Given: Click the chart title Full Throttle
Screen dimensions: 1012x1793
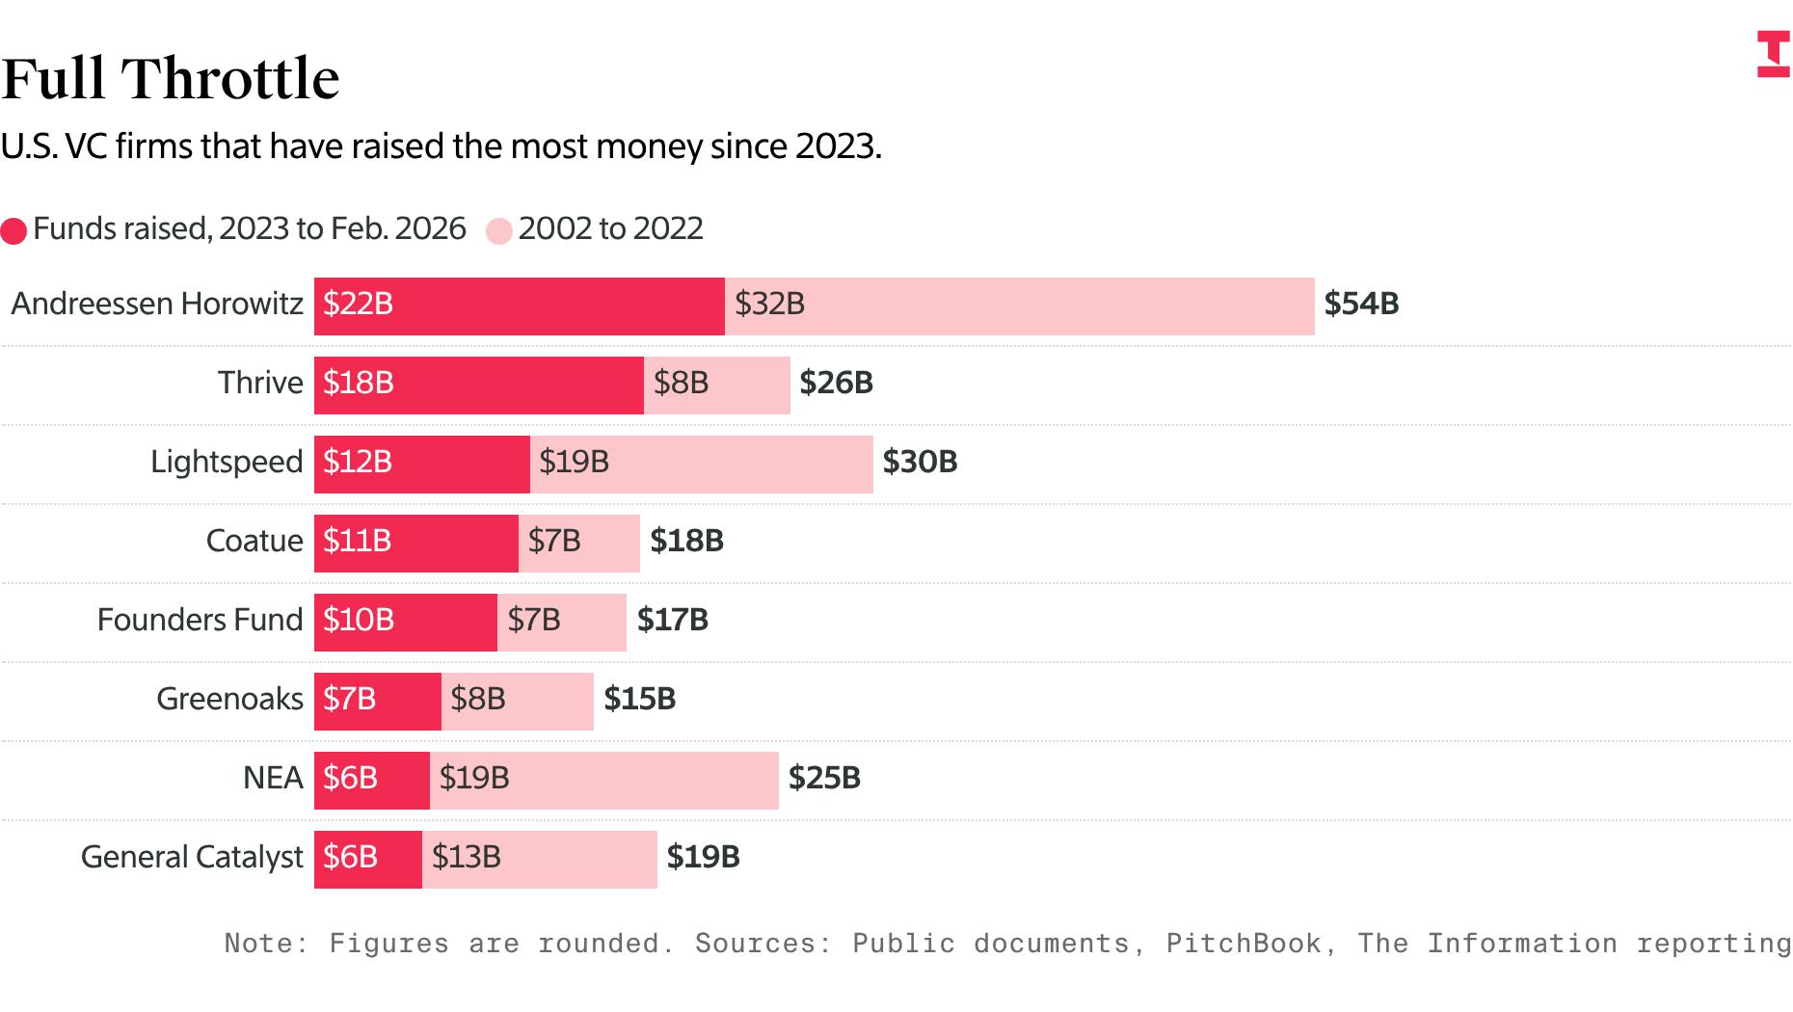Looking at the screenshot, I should [171, 78].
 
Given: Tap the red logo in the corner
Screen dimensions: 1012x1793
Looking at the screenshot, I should [1773, 54].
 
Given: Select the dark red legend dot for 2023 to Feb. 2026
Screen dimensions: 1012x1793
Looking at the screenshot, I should [13, 231].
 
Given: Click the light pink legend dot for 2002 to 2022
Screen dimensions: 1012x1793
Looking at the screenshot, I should [499, 231].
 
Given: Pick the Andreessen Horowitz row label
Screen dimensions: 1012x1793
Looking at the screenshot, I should [157, 305].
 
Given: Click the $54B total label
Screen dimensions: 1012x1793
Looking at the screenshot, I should [1361, 305].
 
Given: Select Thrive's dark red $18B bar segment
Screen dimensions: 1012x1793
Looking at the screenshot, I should [478, 385].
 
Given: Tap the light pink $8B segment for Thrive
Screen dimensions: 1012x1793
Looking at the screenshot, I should [717, 385].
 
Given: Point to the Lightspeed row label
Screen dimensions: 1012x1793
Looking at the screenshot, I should [227, 463].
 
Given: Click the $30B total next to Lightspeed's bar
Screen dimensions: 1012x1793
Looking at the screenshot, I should [920, 463].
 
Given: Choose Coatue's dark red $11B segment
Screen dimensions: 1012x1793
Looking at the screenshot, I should [415, 543].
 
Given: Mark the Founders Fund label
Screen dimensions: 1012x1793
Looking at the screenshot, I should [200, 621].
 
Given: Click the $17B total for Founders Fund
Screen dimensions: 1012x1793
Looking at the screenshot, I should [673, 621].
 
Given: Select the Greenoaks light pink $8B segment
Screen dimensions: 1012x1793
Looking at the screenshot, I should [518, 701].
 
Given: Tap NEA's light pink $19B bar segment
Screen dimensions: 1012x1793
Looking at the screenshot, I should [604, 780].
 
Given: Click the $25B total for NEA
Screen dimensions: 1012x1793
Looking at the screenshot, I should [824, 779].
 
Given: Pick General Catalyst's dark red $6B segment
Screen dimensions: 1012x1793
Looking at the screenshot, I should [367, 859].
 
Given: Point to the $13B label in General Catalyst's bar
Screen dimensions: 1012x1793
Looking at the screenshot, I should [467, 858].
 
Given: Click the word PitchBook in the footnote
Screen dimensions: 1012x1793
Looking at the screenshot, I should [1244, 944].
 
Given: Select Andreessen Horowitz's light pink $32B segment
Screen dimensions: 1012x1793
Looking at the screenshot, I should [1019, 306].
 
